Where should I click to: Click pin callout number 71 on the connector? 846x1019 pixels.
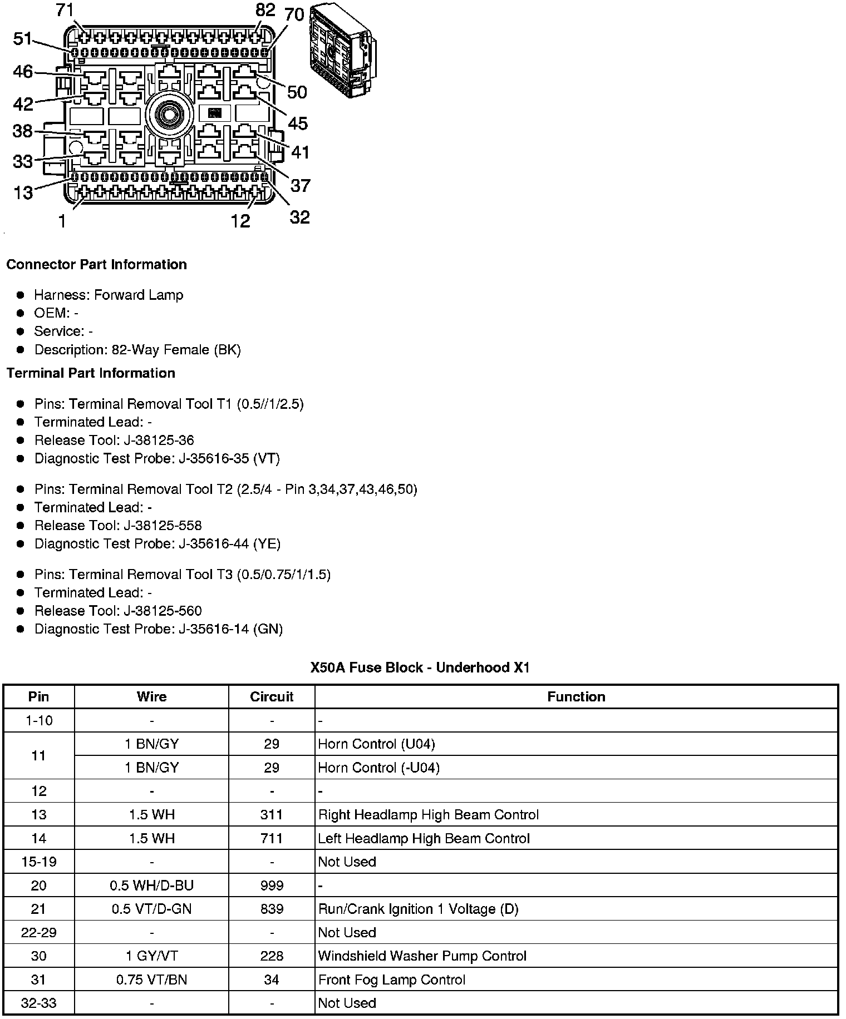[x=65, y=11]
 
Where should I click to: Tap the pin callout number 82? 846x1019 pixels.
[x=265, y=10]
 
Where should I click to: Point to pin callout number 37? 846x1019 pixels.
[x=300, y=185]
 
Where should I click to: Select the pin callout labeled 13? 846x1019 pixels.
[x=23, y=193]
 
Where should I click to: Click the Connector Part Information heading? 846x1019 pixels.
[x=96, y=265]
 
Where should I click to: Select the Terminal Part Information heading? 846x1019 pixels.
[x=91, y=373]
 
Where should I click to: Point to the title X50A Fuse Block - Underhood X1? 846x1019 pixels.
[x=420, y=667]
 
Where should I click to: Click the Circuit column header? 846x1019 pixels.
[x=272, y=697]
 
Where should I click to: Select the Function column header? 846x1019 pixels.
[x=576, y=697]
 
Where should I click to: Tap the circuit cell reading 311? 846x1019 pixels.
[x=272, y=815]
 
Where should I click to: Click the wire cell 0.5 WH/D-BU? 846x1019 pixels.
[x=151, y=886]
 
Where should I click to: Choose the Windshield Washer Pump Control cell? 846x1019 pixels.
[x=422, y=956]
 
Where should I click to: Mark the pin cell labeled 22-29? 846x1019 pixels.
[x=39, y=933]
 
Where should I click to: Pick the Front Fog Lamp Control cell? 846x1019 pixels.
[x=391, y=980]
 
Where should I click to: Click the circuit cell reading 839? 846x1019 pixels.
[x=272, y=909]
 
